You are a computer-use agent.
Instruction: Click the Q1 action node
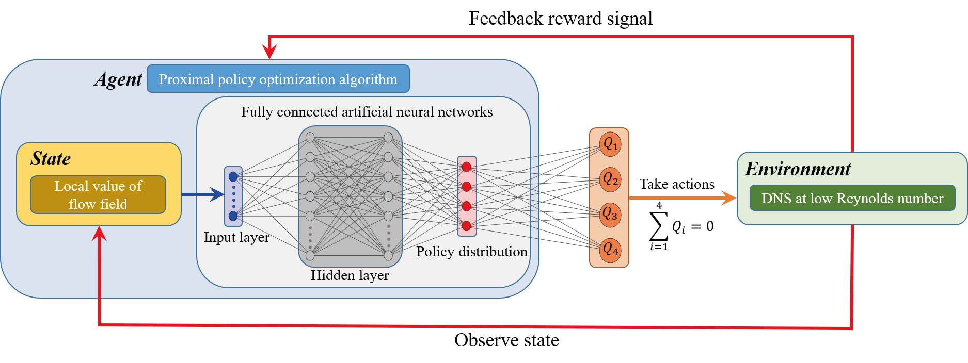click(610, 144)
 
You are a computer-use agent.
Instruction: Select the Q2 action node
click(610, 179)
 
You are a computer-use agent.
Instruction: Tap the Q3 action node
click(610, 214)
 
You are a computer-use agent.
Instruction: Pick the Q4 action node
click(610, 250)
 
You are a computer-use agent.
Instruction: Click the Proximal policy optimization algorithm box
click(278, 79)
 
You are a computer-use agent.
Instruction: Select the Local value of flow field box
click(98, 195)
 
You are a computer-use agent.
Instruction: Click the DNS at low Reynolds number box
click(852, 198)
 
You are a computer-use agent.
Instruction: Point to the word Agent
click(118, 79)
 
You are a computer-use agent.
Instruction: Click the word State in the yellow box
click(51, 158)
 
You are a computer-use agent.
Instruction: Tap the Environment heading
click(798, 169)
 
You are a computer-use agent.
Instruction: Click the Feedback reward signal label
click(560, 19)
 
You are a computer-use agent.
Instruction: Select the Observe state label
click(506, 340)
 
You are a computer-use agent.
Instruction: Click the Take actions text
click(677, 184)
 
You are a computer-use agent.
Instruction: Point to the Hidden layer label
click(350, 275)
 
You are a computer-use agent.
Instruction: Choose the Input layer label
click(236, 237)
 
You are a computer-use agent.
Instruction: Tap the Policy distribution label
click(471, 252)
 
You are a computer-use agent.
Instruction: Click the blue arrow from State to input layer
click(202, 195)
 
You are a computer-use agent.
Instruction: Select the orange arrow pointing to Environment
click(681, 198)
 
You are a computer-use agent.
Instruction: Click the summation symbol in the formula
click(658, 226)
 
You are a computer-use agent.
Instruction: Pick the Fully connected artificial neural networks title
click(367, 112)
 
